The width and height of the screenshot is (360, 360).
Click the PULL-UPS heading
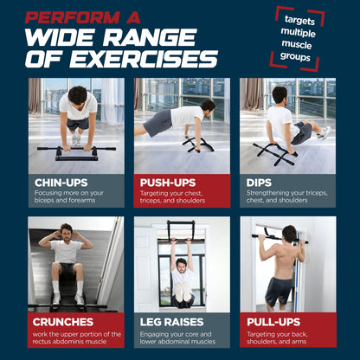(x=271, y=320)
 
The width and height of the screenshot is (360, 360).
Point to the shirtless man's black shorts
(x=279, y=289)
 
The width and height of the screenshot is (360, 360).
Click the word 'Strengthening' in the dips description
(x=267, y=194)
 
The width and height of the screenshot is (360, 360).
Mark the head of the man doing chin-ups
(x=77, y=95)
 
